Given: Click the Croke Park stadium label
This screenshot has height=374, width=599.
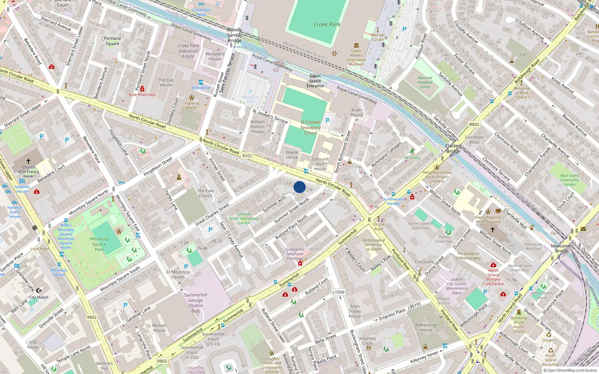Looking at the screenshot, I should (327, 24).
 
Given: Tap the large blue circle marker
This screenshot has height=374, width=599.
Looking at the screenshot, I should (299, 187).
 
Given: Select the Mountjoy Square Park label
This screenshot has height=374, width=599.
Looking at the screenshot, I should (99, 244).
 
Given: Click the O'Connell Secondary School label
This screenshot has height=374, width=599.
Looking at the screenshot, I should (310, 128).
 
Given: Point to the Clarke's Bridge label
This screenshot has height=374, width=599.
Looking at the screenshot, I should (453, 148).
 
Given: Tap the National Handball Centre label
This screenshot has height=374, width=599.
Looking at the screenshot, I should (425, 82).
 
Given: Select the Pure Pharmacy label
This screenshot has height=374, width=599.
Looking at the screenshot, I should (142, 95).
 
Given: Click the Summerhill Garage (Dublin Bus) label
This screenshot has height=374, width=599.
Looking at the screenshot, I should (195, 303).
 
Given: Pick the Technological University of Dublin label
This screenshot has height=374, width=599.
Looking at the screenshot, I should (374, 245).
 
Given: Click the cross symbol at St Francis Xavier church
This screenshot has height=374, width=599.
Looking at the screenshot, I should (28, 161).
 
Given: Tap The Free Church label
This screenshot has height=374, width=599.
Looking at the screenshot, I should (206, 193).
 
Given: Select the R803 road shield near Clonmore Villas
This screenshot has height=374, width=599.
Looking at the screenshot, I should (474, 125).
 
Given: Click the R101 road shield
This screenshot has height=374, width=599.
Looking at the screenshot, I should (247, 156).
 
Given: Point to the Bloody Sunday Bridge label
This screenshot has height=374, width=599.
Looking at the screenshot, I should (234, 35).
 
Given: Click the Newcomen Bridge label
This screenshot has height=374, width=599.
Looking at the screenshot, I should (562, 248).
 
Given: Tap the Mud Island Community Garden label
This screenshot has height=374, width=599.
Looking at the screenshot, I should (569, 180).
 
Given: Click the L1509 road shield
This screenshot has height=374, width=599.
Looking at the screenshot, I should (338, 292).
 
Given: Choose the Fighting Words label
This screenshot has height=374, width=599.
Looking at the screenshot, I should (192, 105).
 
